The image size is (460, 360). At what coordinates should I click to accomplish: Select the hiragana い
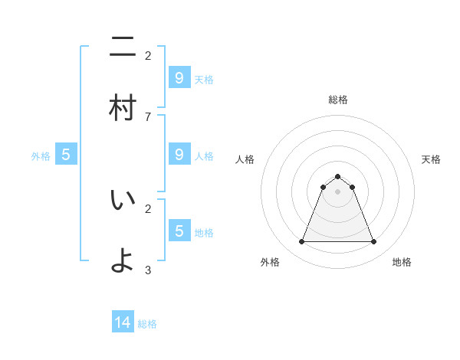coord(123,201)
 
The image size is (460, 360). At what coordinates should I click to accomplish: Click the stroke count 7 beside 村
coord(148,116)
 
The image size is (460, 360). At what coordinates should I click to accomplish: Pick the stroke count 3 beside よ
coord(148,270)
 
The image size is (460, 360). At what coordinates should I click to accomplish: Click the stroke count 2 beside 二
coord(148,55)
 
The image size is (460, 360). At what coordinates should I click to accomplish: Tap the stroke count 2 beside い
coord(148,208)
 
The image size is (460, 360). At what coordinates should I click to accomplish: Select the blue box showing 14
coord(123,322)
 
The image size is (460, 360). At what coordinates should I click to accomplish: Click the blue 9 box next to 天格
coord(179,77)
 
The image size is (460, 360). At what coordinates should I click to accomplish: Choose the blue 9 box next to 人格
coord(179,154)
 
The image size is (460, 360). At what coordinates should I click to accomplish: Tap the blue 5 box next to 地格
coord(179,231)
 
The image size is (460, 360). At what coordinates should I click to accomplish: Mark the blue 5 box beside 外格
coord(66,155)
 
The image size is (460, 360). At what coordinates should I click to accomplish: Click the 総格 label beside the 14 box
coord(147,324)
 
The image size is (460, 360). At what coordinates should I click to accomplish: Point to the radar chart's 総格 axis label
coord(337,100)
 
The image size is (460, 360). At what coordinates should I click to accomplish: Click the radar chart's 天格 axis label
coord(431,159)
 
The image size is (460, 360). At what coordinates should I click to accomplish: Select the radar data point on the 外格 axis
coord(301,242)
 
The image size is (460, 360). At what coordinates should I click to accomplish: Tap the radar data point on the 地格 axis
coord(373,242)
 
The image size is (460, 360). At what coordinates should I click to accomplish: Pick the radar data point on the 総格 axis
coord(337,177)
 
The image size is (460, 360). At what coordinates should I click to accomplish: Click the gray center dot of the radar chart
coord(337,191)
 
